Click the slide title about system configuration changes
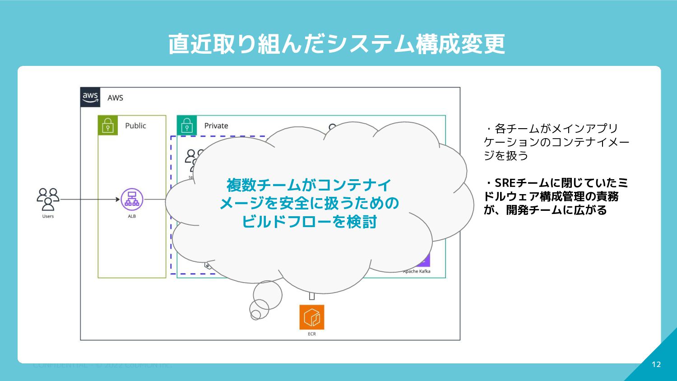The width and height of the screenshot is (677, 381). (337, 44)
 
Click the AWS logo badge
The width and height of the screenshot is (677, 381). (90, 97)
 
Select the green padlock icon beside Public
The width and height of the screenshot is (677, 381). (108, 125)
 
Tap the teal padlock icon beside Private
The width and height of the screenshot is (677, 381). (187, 125)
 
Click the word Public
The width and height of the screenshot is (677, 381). (135, 125)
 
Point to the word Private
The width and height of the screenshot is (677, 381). (216, 125)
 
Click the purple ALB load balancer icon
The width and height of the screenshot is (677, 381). (132, 200)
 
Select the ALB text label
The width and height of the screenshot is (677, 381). (132, 216)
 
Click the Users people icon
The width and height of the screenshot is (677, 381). (48, 199)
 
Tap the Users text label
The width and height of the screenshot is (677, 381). (48, 216)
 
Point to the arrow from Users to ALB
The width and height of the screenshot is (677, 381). (90, 199)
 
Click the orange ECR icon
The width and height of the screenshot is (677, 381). (312, 317)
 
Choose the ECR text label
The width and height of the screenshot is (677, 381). (312, 334)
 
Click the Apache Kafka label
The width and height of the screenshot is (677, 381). (417, 271)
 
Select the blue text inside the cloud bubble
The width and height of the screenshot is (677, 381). (309, 203)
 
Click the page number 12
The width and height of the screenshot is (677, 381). (656, 364)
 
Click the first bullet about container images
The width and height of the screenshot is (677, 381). (556, 142)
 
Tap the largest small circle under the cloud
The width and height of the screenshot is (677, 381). (268, 295)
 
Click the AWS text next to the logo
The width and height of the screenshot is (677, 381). (115, 98)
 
